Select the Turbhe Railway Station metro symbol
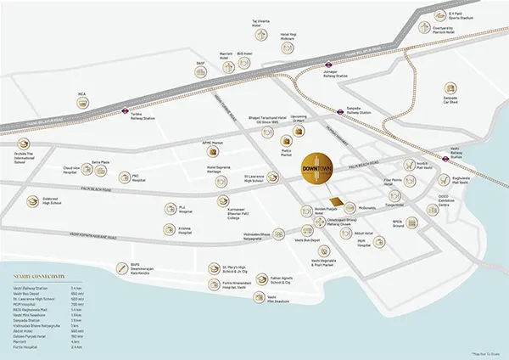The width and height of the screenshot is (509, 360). (124, 111)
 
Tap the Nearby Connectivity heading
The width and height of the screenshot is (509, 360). (43, 277)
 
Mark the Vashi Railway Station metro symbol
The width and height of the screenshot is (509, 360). (478, 146)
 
